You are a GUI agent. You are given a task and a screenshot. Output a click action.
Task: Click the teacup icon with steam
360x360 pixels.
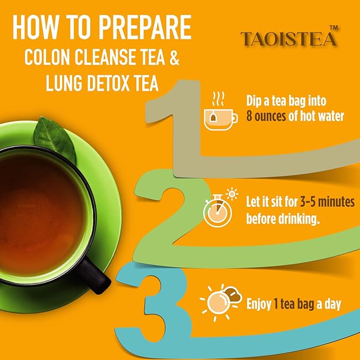[x=219, y=112]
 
